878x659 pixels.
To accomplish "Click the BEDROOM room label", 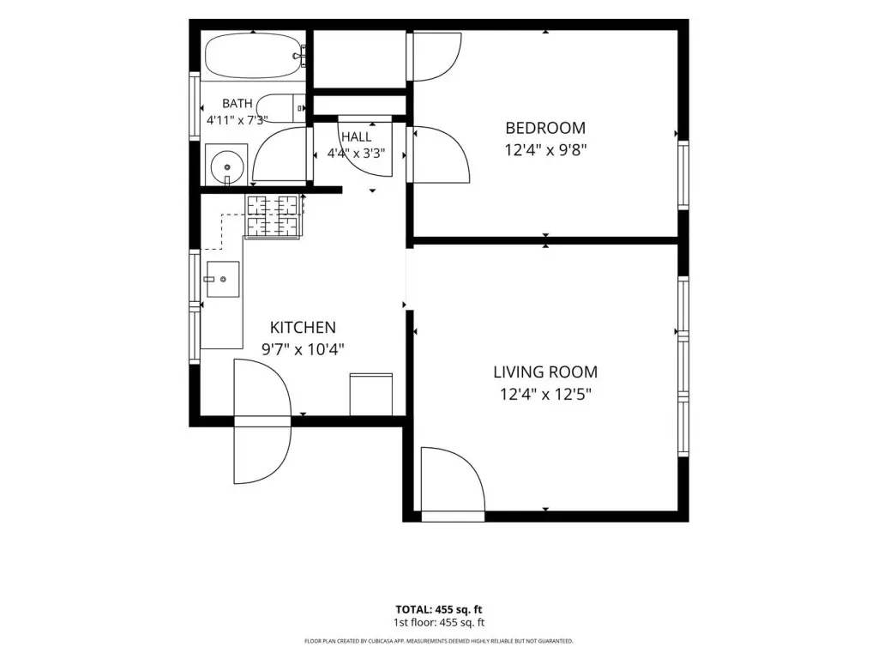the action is pyautogui.click(x=545, y=128).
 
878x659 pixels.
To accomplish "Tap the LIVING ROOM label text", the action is pyautogui.click(x=545, y=372).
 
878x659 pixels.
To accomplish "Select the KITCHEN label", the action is pyautogui.click(x=303, y=327).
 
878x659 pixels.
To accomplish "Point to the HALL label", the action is pyautogui.click(x=356, y=136).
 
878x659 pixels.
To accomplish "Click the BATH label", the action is pyautogui.click(x=238, y=104).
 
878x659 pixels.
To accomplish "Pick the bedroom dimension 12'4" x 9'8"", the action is pyautogui.click(x=545, y=150).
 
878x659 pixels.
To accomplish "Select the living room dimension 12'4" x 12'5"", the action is pyautogui.click(x=545, y=395).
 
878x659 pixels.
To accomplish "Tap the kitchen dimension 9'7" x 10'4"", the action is pyautogui.click(x=303, y=350).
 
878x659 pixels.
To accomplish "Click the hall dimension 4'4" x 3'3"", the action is pyautogui.click(x=356, y=153).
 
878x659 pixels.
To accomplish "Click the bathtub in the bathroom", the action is pyautogui.click(x=255, y=56).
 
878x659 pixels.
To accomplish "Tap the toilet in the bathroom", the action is pyautogui.click(x=281, y=108).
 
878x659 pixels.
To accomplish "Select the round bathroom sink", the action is pyautogui.click(x=226, y=166).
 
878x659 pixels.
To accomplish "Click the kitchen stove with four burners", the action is pyautogui.click(x=273, y=216).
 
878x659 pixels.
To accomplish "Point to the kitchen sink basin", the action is pyautogui.click(x=223, y=279).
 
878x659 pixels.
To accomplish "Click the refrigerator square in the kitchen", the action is pyautogui.click(x=370, y=395).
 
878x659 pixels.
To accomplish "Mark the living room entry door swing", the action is pyautogui.click(x=453, y=480).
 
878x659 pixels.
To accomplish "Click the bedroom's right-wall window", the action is pyautogui.click(x=683, y=175).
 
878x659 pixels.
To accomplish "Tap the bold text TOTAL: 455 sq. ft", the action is pyautogui.click(x=438, y=610).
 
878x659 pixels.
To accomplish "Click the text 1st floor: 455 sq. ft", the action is pyautogui.click(x=438, y=623).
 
